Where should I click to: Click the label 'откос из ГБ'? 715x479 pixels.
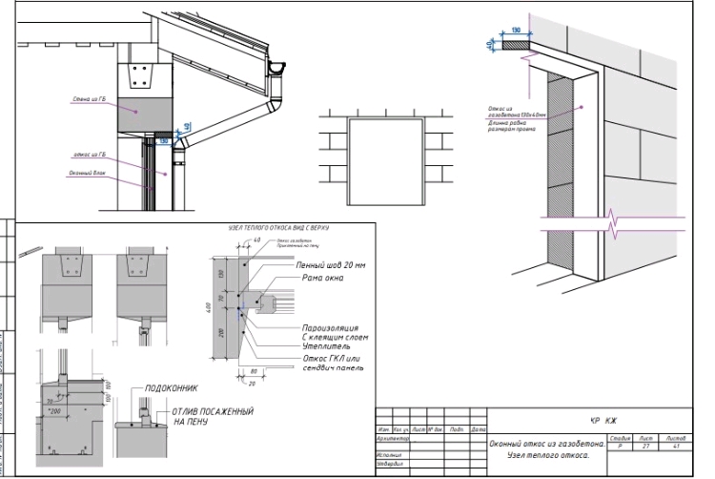tap(89, 154)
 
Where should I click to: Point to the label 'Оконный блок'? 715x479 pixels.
tap(86, 173)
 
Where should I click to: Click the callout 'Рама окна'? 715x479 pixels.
tap(321, 279)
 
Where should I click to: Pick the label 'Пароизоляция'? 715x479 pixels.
tap(326, 328)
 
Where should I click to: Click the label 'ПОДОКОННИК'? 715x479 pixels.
tap(170, 388)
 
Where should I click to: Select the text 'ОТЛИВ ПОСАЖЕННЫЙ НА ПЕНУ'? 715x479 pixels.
tap(212, 415)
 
